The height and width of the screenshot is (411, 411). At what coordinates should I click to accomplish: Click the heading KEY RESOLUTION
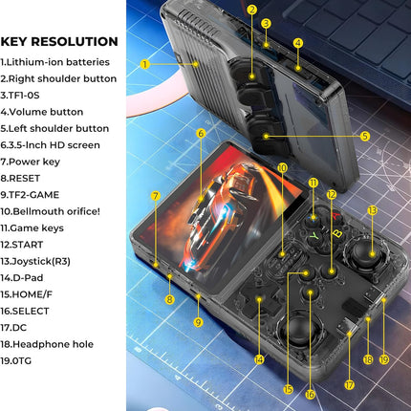(x=59, y=41)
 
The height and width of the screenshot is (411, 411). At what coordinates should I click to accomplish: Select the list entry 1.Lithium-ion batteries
(x=55, y=62)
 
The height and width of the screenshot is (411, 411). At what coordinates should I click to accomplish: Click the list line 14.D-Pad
(x=29, y=278)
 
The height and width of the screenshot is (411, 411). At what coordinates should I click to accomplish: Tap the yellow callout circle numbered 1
(x=145, y=64)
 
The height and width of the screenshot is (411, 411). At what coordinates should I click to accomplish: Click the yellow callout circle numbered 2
(x=251, y=11)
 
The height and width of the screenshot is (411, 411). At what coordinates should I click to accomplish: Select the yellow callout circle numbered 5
(x=365, y=136)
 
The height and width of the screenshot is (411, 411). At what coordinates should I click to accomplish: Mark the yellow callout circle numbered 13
(x=372, y=209)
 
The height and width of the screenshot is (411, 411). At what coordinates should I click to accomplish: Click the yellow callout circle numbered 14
(x=259, y=359)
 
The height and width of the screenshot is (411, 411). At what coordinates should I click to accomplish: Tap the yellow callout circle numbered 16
(x=310, y=393)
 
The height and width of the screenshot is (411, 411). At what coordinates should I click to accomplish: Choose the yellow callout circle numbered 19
(x=384, y=359)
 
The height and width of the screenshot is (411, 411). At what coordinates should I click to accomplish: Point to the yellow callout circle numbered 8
(x=169, y=300)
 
